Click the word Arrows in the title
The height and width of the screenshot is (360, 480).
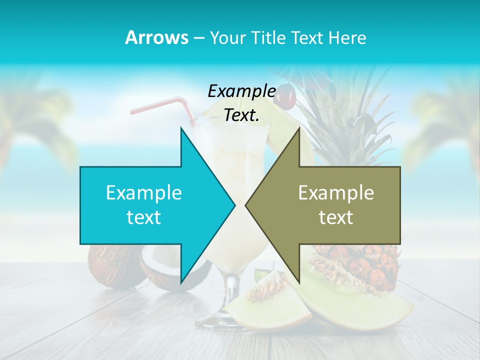[x=156, y=37]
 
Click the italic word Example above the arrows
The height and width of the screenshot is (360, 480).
[x=241, y=91]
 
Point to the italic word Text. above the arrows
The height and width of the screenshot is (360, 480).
[x=241, y=115]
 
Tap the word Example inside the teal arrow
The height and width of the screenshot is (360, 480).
[x=144, y=193]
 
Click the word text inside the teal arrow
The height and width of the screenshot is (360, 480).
[x=144, y=217]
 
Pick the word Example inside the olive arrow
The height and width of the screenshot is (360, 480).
[x=336, y=193]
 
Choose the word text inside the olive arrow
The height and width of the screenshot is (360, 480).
[x=336, y=217]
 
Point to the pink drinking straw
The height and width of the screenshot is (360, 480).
[x=165, y=106]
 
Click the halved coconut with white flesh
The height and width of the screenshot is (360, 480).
[x=165, y=272]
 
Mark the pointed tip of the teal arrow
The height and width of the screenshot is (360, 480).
[x=233, y=205]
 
